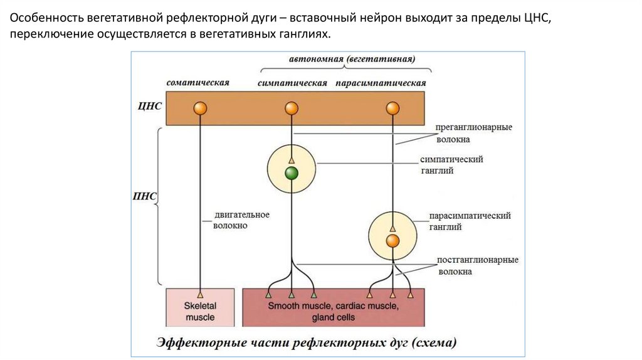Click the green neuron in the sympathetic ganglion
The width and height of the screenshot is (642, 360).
point(291,174)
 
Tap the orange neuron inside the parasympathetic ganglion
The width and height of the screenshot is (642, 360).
point(392,241)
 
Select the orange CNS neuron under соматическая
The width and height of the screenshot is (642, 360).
point(200,109)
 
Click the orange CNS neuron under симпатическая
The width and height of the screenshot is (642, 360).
point(291,109)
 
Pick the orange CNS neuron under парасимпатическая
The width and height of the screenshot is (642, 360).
point(392,109)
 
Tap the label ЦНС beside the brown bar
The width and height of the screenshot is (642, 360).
point(150,106)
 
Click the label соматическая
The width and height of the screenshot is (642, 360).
point(198,83)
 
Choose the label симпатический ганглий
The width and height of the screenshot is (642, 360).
point(456,165)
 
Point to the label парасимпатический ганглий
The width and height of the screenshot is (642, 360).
point(470,221)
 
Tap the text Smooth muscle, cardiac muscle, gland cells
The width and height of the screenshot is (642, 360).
point(333,312)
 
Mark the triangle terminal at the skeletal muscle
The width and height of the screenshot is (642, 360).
point(200,294)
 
